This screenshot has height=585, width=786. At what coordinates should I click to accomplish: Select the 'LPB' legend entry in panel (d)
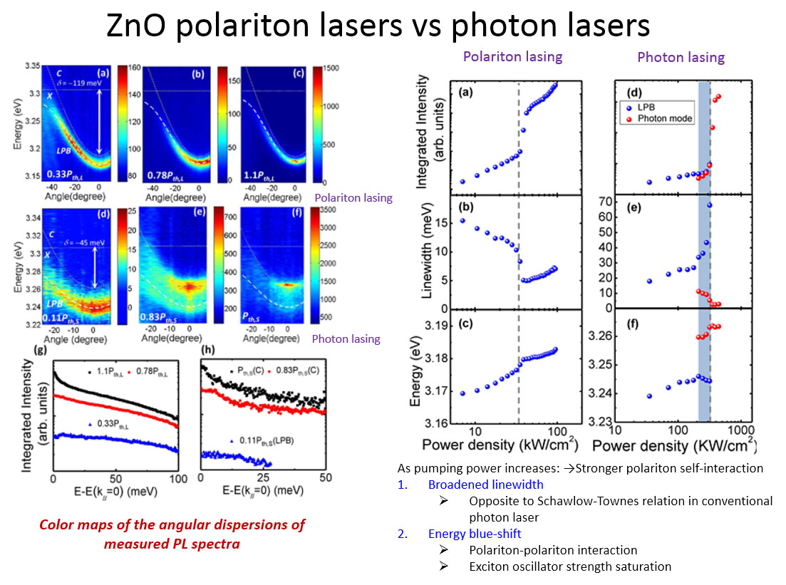650,107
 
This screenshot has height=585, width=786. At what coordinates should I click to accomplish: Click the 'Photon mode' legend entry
665,118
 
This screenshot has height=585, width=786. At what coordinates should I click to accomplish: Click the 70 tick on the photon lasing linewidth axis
607,202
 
